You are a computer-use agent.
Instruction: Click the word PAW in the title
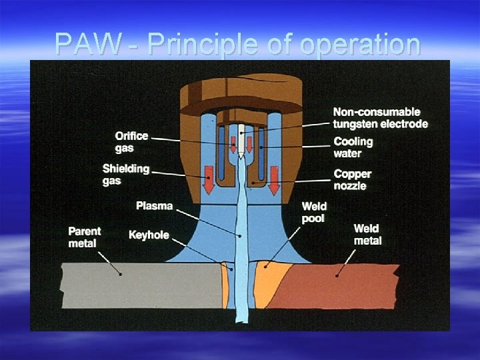pyautogui.click(x=89, y=45)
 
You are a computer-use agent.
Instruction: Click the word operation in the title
pyautogui.click(x=360, y=45)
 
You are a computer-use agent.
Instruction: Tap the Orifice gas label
pyautogui.click(x=131, y=141)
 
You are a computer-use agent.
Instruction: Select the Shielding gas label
pyautogui.click(x=125, y=174)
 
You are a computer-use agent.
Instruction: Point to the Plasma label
pyautogui.click(x=154, y=206)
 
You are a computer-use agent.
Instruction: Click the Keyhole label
pyautogui.click(x=149, y=235)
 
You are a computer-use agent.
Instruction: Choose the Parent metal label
pyautogui.click(x=85, y=237)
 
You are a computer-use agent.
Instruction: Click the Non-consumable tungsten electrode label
pyautogui.click(x=380, y=117)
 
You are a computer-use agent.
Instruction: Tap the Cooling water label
pyautogui.click(x=353, y=147)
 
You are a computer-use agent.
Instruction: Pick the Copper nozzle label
pyautogui.click(x=352, y=179)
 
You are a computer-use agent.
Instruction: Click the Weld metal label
pyautogui.click(x=367, y=235)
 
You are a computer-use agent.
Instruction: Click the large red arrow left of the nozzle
pyautogui.click(x=208, y=179)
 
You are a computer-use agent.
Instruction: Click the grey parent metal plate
pyautogui.click(x=133, y=284)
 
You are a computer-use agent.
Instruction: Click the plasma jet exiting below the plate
pyautogui.click(x=239, y=317)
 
